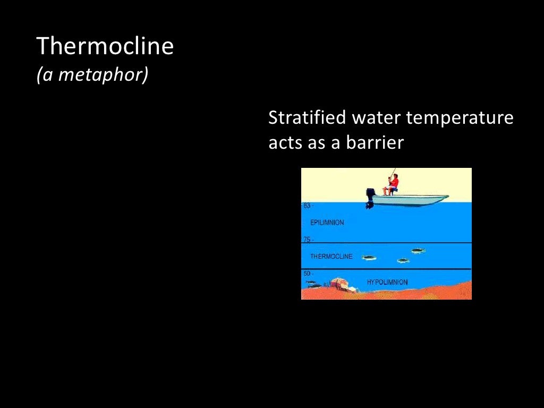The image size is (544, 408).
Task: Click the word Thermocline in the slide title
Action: coord(105,47)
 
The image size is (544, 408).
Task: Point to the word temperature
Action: coord(460,118)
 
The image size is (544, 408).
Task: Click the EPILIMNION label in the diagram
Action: coord(327,223)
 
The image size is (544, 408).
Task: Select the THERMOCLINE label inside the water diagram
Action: coord(331,257)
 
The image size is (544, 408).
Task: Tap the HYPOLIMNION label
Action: coord(387,282)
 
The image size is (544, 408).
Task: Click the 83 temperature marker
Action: coord(307,206)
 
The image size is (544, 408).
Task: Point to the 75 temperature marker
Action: coord(307,240)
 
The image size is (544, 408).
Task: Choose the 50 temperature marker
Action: coord(307,274)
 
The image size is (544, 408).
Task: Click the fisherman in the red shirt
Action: coord(393,184)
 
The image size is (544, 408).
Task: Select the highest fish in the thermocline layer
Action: coord(418,250)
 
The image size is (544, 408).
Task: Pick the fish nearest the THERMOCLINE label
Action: coord(369,258)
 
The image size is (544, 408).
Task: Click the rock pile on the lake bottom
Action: coord(343,284)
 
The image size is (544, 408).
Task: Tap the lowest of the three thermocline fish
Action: coord(403,260)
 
